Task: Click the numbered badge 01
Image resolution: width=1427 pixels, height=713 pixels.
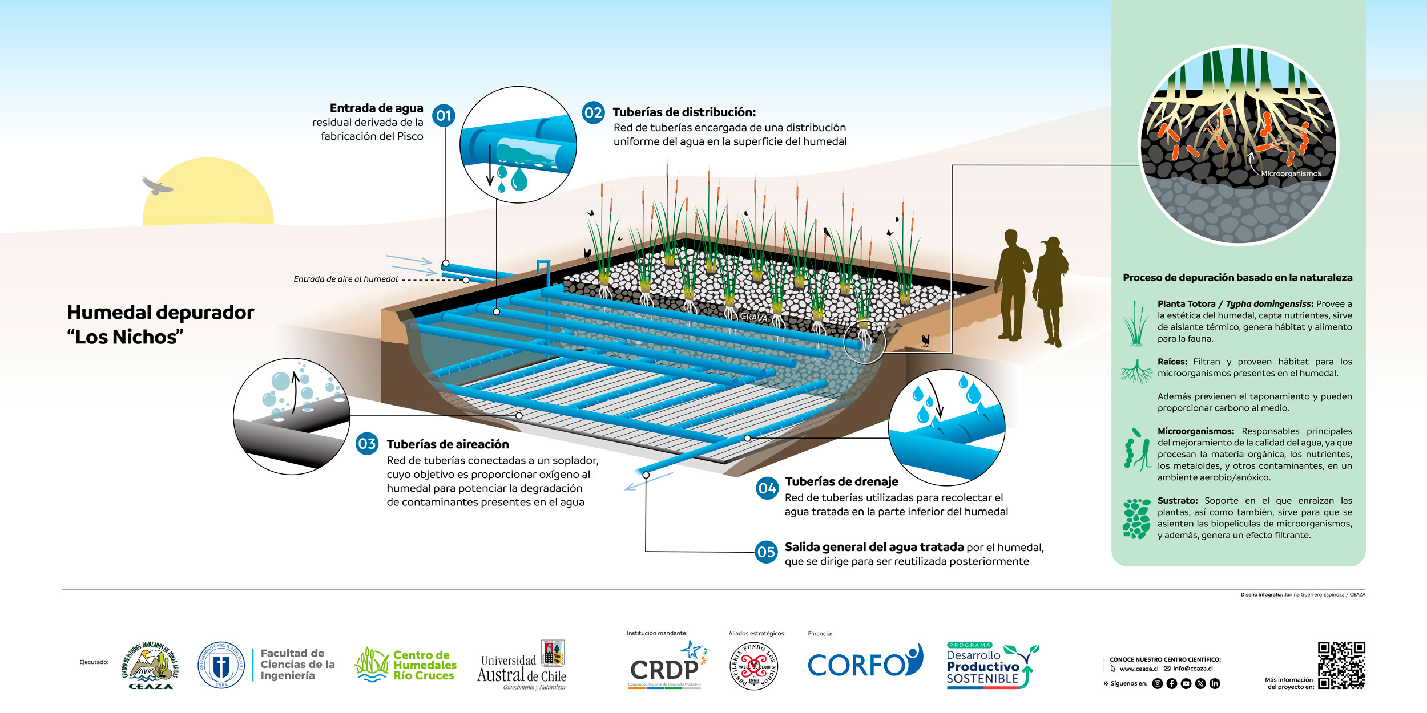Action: (x=444, y=116)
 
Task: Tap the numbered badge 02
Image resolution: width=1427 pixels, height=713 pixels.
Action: (x=593, y=112)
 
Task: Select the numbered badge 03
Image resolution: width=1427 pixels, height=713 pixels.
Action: (x=367, y=444)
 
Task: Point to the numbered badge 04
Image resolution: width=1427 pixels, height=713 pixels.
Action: (x=767, y=488)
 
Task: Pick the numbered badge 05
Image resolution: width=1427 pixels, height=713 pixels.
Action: (x=766, y=552)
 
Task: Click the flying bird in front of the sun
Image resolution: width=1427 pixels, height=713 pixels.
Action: (x=157, y=186)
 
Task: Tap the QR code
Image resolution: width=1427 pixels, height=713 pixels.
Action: (x=1341, y=665)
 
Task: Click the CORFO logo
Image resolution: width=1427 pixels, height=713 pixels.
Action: (x=865, y=663)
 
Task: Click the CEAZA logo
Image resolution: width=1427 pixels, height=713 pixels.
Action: (x=150, y=665)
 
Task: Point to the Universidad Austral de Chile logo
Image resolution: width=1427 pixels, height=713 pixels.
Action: (x=522, y=666)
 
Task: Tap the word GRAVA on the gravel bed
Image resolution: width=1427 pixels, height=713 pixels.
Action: (x=753, y=317)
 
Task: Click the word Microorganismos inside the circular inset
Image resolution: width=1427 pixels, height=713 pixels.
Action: (x=1291, y=173)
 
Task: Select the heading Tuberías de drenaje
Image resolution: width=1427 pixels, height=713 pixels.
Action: (x=841, y=482)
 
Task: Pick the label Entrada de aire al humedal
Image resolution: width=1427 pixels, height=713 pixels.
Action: (x=345, y=279)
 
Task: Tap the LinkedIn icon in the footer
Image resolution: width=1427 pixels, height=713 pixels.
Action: (x=1215, y=683)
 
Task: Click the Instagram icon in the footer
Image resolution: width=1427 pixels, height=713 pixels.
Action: (x=1157, y=683)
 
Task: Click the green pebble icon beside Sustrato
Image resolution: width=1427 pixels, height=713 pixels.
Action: (x=1136, y=518)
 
